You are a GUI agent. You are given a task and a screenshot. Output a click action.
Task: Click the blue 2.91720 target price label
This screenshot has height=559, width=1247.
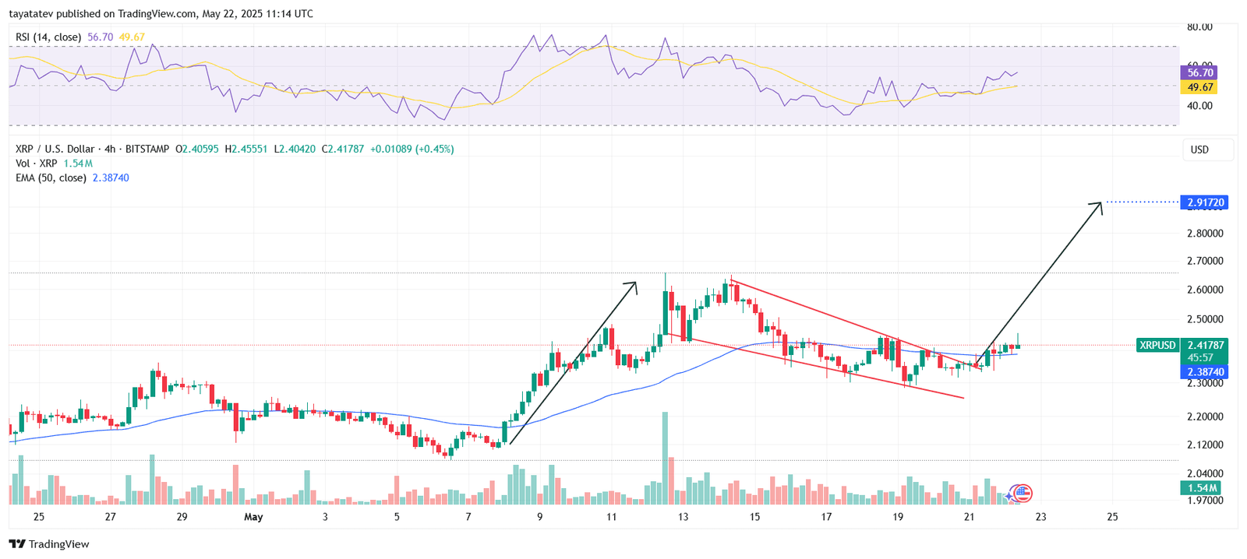[1206, 202]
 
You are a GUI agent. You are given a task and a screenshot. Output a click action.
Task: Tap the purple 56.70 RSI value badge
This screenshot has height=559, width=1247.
[1200, 72]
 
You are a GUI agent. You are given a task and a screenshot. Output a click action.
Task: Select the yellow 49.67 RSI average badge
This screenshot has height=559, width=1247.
[1200, 87]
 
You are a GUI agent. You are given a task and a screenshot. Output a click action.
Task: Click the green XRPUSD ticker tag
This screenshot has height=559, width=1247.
[1157, 345]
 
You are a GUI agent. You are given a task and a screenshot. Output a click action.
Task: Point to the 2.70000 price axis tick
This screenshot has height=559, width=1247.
[1205, 261]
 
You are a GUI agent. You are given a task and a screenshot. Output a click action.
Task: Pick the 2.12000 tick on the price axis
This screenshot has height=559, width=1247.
[1205, 445]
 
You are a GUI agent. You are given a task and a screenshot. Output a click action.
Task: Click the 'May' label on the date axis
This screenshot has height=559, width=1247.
[253, 517]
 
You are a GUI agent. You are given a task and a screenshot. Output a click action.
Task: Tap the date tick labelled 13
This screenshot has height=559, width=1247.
[684, 517]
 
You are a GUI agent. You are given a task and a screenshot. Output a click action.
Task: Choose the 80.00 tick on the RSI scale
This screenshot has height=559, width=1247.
[1199, 27]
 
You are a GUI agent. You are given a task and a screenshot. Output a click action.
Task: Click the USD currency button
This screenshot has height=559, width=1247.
[1199, 149]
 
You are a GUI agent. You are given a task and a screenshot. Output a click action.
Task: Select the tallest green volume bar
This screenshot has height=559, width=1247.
[665, 458]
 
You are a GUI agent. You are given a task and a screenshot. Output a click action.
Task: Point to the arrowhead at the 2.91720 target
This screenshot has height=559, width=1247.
[1100, 204]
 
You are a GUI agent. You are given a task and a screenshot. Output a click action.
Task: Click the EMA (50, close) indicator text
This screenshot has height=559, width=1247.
[51, 178]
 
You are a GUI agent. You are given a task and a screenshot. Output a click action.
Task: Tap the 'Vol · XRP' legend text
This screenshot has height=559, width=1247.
[37, 163]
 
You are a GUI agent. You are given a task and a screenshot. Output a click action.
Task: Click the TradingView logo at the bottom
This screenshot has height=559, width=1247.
[50, 544]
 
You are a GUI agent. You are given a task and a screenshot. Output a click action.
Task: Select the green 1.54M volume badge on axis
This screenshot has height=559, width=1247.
[1202, 488]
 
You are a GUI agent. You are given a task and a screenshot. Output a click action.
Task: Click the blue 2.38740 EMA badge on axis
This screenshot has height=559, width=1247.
[1206, 372]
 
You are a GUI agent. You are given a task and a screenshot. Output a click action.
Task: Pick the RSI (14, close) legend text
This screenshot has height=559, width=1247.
[48, 37]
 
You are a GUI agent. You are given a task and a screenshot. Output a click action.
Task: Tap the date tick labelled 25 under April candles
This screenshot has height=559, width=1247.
[39, 517]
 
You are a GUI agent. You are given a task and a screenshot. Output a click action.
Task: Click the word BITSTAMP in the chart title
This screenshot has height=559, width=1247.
[147, 149]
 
